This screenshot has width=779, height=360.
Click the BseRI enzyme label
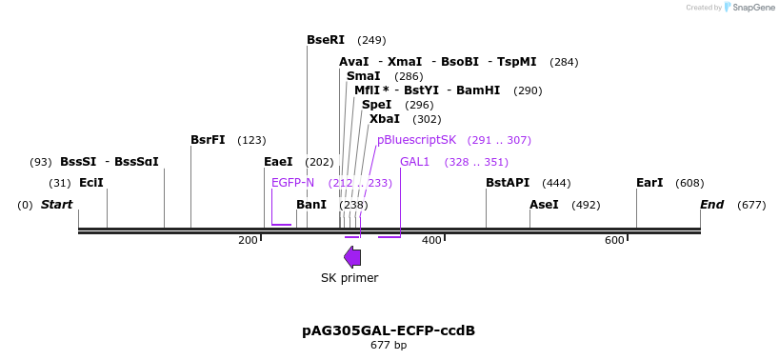[x=325, y=40]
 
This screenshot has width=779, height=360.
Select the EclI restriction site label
[x=91, y=183]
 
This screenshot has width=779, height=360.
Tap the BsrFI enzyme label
[x=208, y=140]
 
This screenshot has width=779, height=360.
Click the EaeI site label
[x=278, y=162]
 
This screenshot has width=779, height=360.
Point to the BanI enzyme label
[x=311, y=205]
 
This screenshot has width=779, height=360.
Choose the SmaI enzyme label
[x=363, y=76]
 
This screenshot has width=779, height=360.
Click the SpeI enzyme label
[x=376, y=105]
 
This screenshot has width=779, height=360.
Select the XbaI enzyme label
[x=385, y=119]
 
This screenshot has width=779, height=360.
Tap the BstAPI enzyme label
[x=507, y=183]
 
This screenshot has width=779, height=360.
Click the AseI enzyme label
[x=544, y=205]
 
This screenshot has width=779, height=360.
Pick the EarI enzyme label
[x=649, y=183]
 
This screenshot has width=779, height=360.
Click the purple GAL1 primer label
[x=415, y=162]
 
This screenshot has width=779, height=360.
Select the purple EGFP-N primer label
[x=292, y=183]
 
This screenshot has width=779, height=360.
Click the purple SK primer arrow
[x=352, y=256]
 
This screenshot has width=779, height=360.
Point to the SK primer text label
[x=350, y=278]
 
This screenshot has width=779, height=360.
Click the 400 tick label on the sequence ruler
[x=431, y=240]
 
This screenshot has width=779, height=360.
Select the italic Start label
[x=56, y=205]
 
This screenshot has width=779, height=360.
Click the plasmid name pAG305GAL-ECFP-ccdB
[x=389, y=330]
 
